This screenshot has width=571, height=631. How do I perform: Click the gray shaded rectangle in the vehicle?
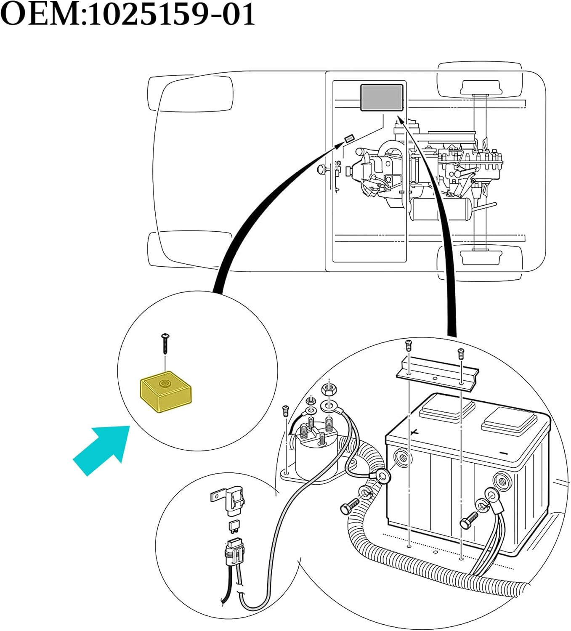382,98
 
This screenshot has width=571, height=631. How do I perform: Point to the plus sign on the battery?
414,432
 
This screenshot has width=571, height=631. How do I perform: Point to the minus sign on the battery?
503,453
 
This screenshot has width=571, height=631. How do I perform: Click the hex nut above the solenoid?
328,389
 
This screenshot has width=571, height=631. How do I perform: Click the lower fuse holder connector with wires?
234,551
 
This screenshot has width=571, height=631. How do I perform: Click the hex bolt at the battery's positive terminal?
348,508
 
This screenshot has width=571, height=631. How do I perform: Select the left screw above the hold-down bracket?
408,345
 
